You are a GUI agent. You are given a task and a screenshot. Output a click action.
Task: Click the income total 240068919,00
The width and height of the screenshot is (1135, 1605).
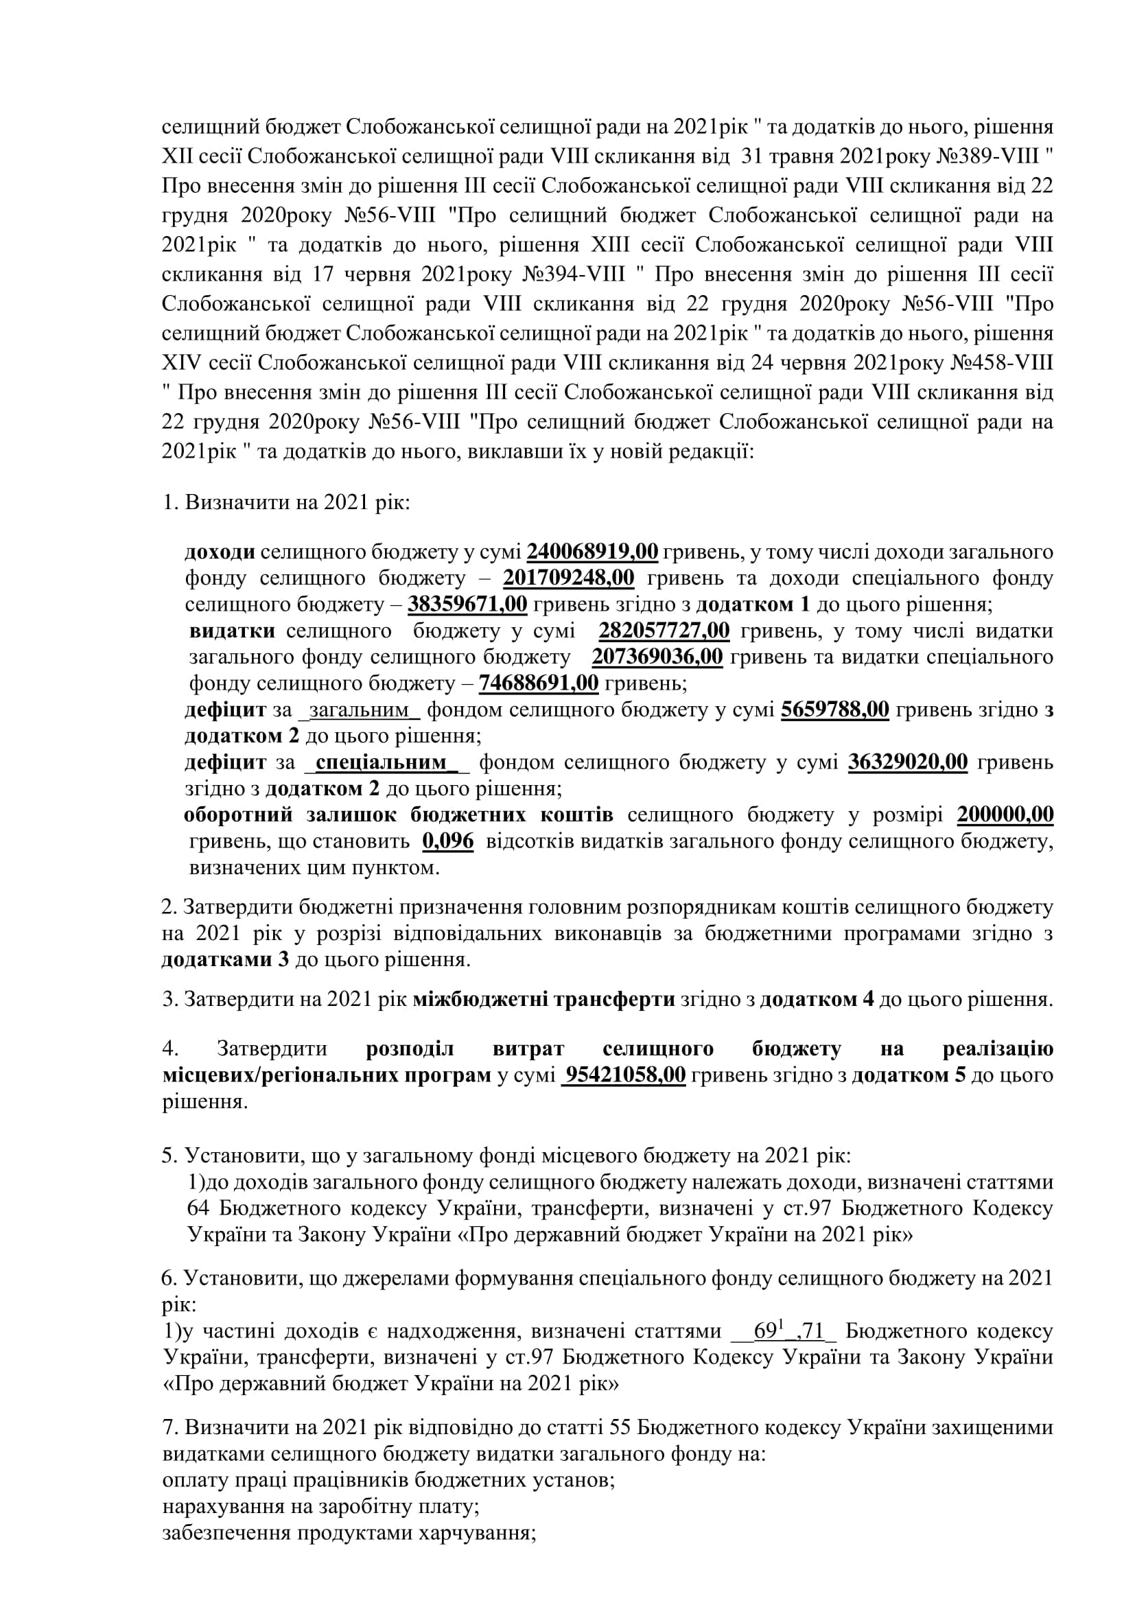coord(592,552)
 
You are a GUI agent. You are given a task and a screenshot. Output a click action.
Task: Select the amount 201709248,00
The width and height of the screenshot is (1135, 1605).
coord(568,578)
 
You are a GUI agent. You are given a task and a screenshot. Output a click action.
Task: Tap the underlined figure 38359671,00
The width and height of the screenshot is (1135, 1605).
coord(467,604)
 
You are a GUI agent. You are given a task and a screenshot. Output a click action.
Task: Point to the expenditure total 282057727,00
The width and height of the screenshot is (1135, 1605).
coord(664,631)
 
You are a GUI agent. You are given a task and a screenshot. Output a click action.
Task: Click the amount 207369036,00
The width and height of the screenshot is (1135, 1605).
coord(657,657)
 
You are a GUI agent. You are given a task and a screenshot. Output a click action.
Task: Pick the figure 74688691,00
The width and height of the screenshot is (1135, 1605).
coord(538,683)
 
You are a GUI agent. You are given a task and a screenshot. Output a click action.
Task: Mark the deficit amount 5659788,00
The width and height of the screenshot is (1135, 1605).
coord(834,710)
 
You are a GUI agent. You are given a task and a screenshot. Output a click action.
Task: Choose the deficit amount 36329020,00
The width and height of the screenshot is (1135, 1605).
coord(908,762)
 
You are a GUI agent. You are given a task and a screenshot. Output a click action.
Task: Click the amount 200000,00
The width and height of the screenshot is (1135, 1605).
coord(1005,815)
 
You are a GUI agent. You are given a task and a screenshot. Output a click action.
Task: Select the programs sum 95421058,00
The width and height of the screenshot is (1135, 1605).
coord(625,1075)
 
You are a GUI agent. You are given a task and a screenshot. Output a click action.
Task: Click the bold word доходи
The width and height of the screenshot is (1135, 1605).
coord(220,552)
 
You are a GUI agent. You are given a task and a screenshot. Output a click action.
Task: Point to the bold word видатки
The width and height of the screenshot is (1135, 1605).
coord(232,631)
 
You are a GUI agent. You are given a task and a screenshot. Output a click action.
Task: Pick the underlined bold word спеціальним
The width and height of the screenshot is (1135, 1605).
coord(381,762)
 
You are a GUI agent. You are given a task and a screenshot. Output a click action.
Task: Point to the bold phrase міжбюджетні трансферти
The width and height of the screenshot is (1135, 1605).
coord(543,999)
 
